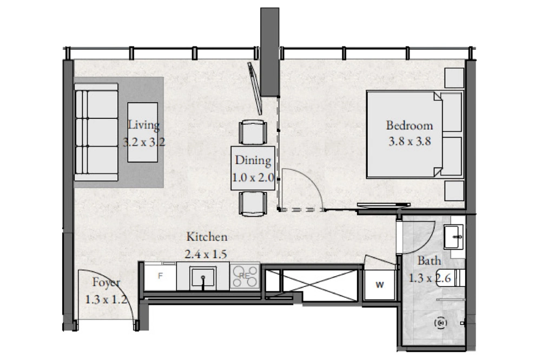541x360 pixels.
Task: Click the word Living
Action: [144, 125]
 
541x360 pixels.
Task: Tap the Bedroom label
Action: [409, 125]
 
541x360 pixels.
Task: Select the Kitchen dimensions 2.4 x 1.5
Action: [206, 255]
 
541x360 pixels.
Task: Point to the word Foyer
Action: [106, 283]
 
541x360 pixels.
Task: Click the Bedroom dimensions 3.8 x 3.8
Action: [410, 142]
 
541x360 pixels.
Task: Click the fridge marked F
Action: [160, 276]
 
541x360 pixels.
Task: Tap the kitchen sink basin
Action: [203, 278]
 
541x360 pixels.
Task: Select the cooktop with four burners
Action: [245, 277]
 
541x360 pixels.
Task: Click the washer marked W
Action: [380, 285]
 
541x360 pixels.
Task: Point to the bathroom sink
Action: [453, 237]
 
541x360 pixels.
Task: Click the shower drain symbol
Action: [441, 323]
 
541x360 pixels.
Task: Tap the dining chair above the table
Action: [253, 132]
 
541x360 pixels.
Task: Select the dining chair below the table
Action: [253, 204]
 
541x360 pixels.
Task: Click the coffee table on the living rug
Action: [143, 132]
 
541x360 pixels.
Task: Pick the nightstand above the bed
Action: [454, 78]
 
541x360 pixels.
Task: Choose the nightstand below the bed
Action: [454, 190]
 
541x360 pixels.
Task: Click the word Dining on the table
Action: [253, 161]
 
